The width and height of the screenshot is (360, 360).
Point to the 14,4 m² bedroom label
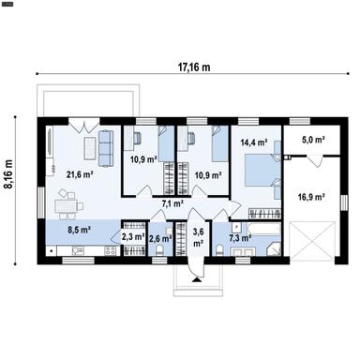pos(253,142)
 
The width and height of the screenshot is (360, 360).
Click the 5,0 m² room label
pos(312,141)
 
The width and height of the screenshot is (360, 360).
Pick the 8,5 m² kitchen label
pos(78,228)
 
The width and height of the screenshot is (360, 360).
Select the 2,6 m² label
pos(159,238)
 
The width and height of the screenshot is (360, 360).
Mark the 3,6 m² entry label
pos(197,236)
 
